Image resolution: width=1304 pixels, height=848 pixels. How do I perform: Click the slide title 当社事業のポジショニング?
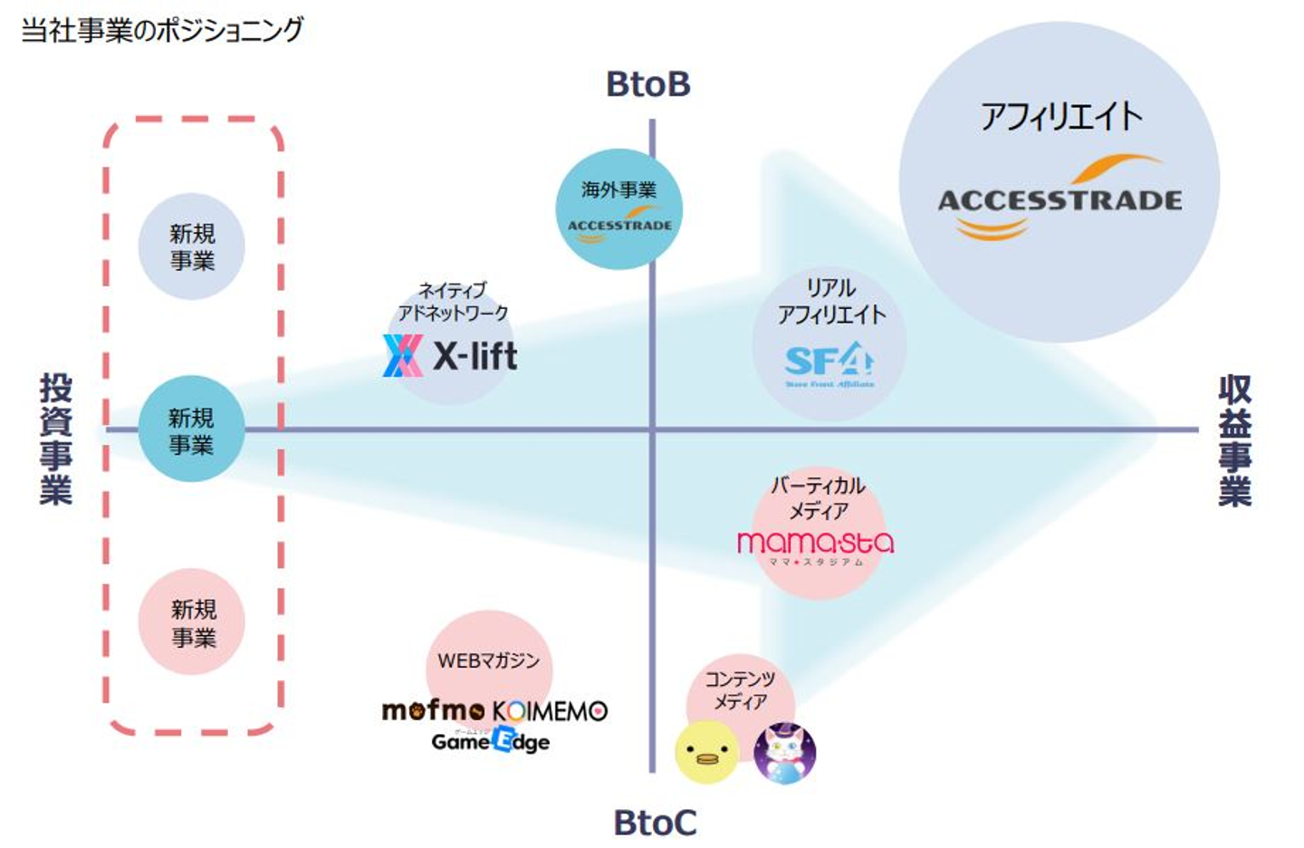pyautogui.click(x=162, y=30)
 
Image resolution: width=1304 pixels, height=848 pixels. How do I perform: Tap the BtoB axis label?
pyautogui.click(x=648, y=84)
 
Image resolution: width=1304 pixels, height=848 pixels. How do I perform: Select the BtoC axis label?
pyautogui.click(x=655, y=823)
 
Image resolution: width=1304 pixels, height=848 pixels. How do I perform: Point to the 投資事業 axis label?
pyautogui.click(x=56, y=438)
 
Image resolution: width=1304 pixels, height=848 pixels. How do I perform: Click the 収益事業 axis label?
pyautogui.click(x=1234, y=440)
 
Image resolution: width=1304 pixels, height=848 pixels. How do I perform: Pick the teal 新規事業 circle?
pyautogui.click(x=191, y=429)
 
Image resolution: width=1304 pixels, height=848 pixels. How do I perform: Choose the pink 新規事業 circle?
pyautogui.click(x=193, y=622)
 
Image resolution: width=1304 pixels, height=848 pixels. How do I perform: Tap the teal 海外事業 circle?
pyautogui.click(x=619, y=208)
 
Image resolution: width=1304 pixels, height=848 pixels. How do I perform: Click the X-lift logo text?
pyautogui.click(x=475, y=356)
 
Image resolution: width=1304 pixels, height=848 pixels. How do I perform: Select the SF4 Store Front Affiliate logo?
pyautogui.click(x=829, y=364)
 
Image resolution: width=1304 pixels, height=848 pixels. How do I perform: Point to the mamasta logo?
pyautogui.click(x=815, y=544)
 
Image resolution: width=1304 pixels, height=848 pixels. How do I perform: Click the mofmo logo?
pyautogui.click(x=434, y=710)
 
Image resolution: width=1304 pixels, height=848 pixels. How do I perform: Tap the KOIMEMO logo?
pyautogui.click(x=550, y=711)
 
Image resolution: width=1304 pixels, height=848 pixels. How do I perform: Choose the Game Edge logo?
pyautogui.click(x=490, y=741)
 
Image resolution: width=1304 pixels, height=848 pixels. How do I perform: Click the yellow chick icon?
pyautogui.click(x=706, y=751)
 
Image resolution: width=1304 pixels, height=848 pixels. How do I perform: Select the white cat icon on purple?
pyautogui.click(x=784, y=753)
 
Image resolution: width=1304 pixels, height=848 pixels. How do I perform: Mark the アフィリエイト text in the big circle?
pyautogui.click(x=1061, y=117)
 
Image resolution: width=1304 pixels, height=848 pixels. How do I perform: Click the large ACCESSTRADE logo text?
pyautogui.click(x=1059, y=200)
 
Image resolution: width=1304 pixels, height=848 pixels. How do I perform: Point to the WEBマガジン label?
pyautogui.click(x=488, y=661)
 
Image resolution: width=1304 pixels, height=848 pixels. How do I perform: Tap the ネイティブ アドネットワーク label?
pyautogui.click(x=453, y=302)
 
